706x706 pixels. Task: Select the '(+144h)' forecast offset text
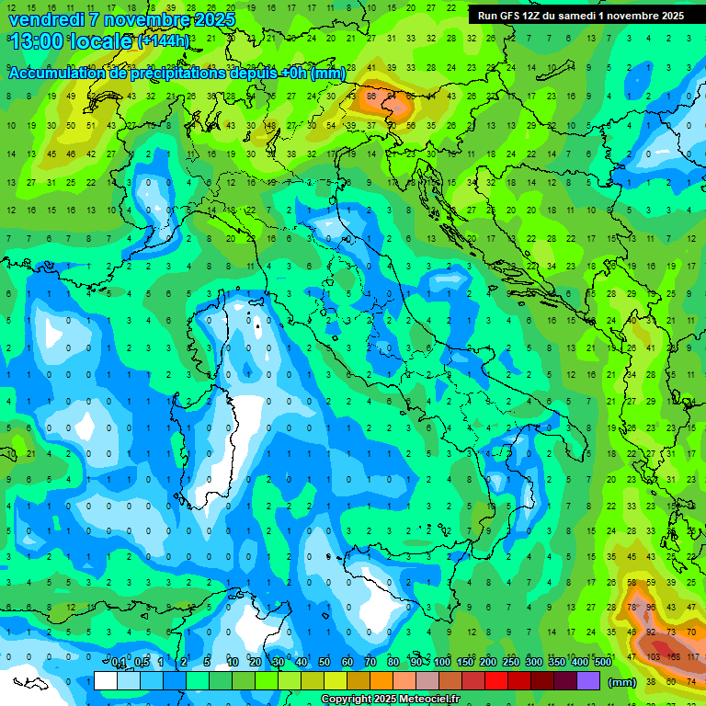(163, 41)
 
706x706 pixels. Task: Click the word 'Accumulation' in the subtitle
(56, 74)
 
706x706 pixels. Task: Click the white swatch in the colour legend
(105, 681)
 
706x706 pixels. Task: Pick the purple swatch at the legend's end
(587, 681)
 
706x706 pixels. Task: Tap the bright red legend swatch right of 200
(496, 681)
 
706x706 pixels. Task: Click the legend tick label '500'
(602, 663)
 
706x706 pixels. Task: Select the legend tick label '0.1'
(119, 663)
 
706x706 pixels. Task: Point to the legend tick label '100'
(441, 663)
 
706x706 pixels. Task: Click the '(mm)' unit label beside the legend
(622, 682)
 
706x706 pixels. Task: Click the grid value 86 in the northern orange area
(372, 95)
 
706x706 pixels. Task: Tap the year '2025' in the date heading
(211, 19)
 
